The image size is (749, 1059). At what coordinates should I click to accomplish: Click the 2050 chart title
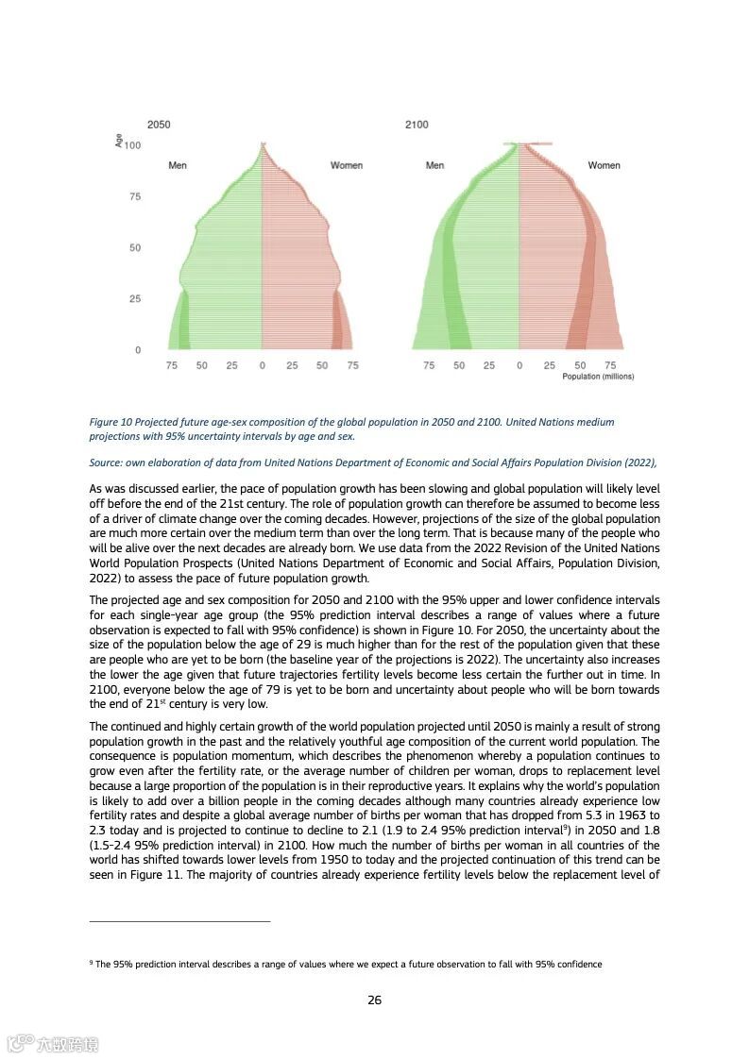[x=159, y=125]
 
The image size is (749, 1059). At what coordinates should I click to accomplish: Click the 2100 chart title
[x=416, y=125]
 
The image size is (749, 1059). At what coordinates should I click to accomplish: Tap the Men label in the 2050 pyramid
[x=178, y=165]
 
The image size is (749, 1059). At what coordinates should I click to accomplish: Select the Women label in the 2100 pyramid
[x=604, y=165]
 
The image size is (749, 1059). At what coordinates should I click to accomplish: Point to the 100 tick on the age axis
[x=132, y=145]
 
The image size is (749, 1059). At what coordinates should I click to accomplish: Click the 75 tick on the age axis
[x=135, y=196]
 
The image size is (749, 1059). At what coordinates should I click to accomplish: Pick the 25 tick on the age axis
[x=135, y=299]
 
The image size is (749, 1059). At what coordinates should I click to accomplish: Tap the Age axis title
[x=119, y=140]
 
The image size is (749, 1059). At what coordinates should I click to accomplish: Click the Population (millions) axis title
[x=598, y=377]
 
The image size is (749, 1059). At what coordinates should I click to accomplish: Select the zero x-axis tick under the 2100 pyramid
[x=519, y=365]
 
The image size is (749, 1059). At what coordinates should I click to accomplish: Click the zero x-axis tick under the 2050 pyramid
[x=262, y=365]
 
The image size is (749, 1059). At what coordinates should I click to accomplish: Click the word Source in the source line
[x=105, y=462]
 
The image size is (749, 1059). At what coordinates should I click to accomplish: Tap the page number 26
[x=374, y=1000]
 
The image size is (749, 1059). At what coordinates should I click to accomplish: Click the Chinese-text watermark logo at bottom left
[x=53, y=1043]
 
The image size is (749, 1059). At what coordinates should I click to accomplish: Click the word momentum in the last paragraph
[x=254, y=757]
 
